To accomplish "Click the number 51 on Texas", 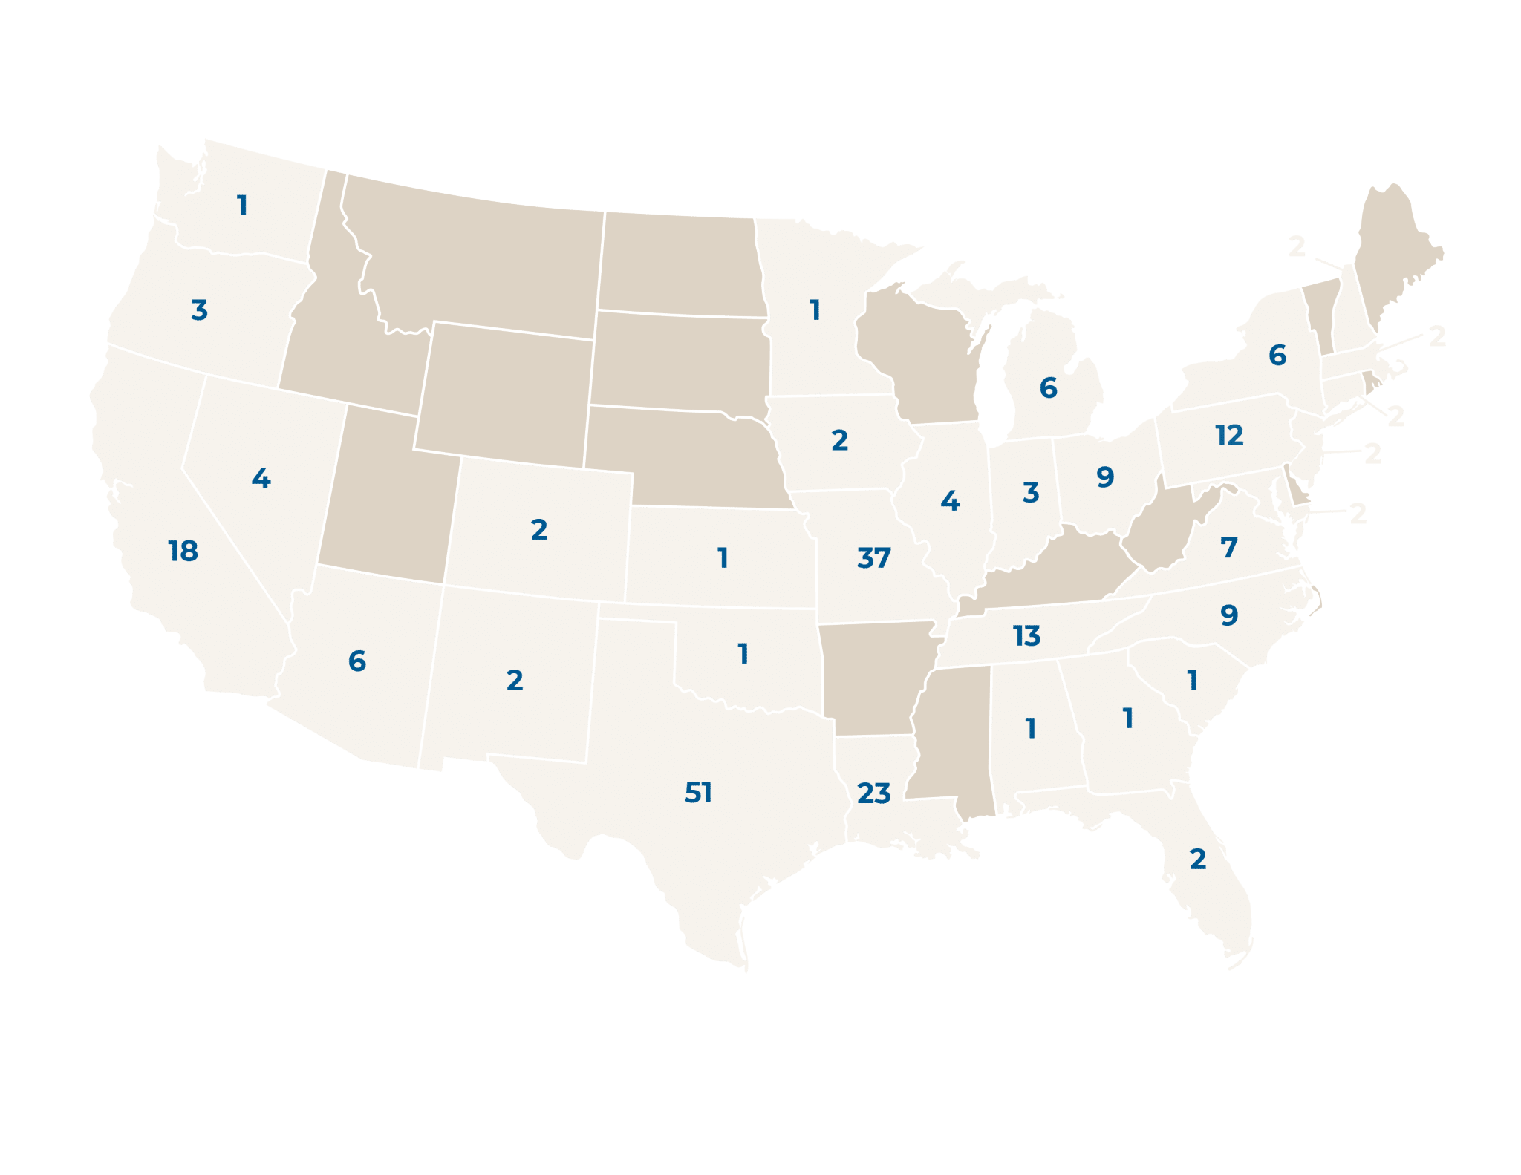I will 698,793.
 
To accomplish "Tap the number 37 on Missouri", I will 873,557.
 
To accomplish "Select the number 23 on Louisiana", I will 873,793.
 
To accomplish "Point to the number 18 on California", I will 183,551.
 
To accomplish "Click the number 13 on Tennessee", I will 1026,635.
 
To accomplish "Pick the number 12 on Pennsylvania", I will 1229,435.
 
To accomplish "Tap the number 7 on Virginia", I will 1229,548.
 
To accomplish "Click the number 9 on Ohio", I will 1105,477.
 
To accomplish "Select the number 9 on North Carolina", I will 1229,615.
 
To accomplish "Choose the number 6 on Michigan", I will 1048,387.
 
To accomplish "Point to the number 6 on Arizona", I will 357,661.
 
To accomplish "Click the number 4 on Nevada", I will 261,478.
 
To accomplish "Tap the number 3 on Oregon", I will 199,310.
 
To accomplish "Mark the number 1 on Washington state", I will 242,206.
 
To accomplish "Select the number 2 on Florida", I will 1197,859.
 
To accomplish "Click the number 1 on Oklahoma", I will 743,654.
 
